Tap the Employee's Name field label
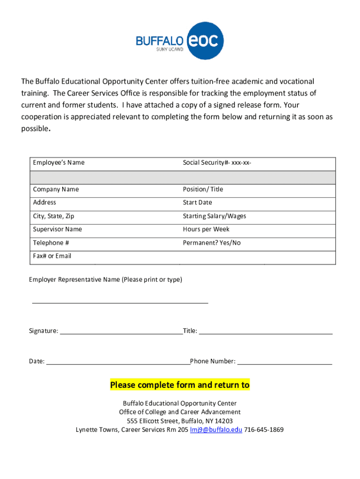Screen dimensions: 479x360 coord(58,163)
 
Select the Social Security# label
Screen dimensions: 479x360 coord(217,163)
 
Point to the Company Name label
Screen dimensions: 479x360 coord(56,189)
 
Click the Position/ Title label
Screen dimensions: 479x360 coord(203,189)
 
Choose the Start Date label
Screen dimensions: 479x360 coord(197,203)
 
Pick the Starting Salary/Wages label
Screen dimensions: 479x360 coord(214,216)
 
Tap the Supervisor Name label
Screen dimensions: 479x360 coord(57,229)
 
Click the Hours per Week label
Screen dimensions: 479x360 coord(206,229)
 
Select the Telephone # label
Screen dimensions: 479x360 coord(51,243)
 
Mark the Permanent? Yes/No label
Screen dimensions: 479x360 coord(211,243)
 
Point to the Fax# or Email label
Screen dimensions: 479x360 coord(52,256)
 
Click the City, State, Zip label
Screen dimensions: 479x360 coord(53,216)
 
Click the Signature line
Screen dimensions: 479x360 coord(121,333)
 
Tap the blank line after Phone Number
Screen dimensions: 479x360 coord(285,363)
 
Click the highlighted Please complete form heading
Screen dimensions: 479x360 coord(180,385)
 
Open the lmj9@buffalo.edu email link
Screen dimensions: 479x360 coord(216,430)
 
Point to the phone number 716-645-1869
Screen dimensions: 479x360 coord(264,430)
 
